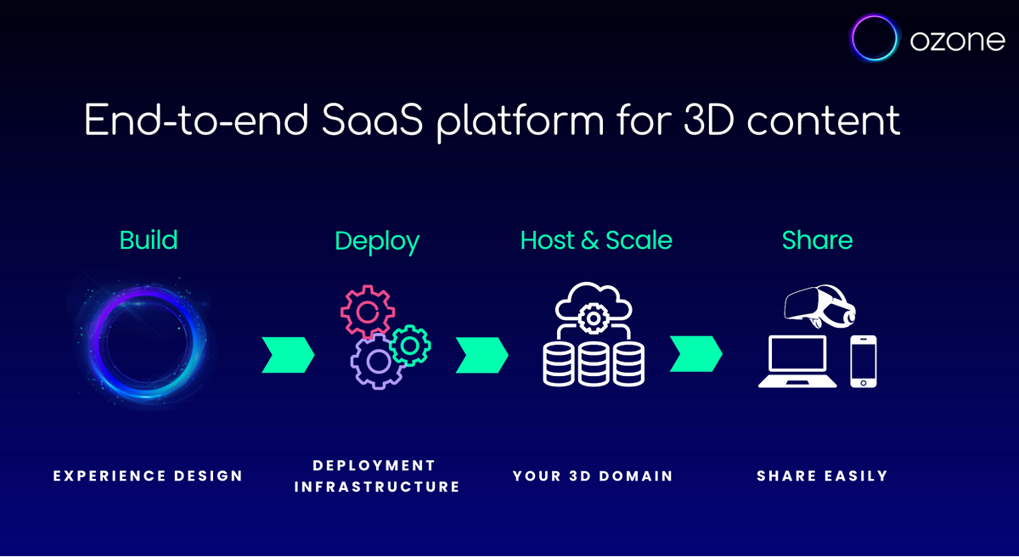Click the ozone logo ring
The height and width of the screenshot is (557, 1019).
point(875,38)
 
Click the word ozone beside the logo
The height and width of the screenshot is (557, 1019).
point(957,40)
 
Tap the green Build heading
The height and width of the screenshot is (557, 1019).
point(149,240)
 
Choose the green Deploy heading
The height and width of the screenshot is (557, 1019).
point(377,241)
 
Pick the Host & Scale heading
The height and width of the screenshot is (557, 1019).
point(596,240)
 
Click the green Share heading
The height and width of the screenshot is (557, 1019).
point(817,240)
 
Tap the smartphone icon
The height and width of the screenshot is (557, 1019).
point(864,362)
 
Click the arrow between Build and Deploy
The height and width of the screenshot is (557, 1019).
point(288,355)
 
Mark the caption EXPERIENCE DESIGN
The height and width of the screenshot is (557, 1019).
point(149,476)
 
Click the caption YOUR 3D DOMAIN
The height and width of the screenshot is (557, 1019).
point(593,476)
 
